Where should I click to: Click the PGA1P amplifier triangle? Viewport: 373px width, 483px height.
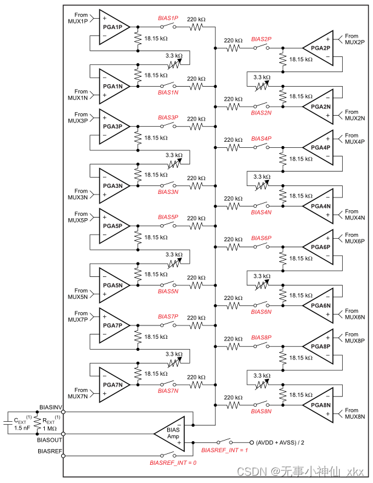click(x=113, y=27)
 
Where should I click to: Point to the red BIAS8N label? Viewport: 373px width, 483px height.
click(x=261, y=411)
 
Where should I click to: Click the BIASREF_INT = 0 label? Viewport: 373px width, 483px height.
click(x=173, y=462)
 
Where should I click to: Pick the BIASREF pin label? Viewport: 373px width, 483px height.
click(x=50, y=451)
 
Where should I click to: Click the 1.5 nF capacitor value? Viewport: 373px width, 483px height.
click(x=22, y=428)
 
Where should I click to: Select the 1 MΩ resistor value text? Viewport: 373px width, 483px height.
click(x=50, y=428)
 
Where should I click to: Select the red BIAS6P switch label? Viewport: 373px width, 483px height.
click(x=261, y=238)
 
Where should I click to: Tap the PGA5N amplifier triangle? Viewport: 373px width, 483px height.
click(x=113, y=285)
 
